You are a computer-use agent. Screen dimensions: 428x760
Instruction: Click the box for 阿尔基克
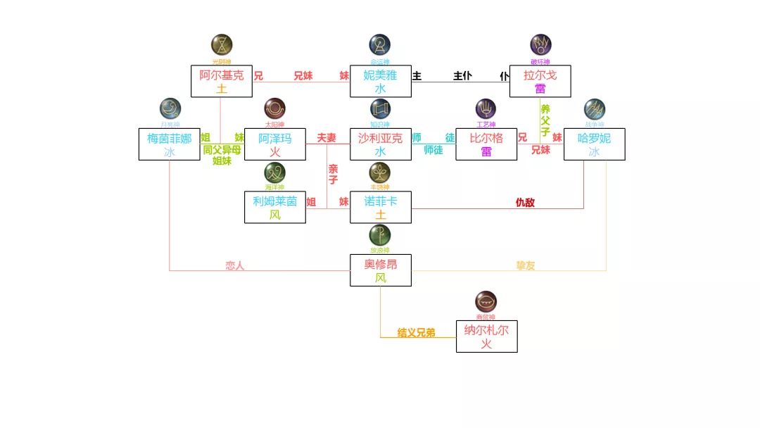[222, 82]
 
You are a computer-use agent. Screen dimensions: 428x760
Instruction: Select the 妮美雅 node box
[381, 82]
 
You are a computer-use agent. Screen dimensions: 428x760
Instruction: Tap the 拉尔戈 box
[540, 82]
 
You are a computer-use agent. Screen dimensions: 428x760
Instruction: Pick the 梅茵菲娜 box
[170, 144]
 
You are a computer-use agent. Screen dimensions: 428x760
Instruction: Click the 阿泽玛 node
[275, 144]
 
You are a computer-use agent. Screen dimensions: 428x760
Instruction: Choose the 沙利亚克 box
[381, 144]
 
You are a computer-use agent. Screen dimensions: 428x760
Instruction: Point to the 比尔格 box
[486, 144]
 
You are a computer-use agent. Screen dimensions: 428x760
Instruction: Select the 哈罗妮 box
[595, 144]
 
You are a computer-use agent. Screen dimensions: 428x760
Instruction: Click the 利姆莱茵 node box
[275, 207]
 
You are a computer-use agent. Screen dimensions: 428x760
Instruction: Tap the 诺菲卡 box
[381, 207]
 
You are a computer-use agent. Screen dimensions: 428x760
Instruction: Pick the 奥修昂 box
[381, 270]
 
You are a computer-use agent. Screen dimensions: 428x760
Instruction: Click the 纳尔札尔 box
[486, 336]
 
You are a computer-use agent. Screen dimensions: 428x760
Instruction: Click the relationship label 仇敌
[525, 203]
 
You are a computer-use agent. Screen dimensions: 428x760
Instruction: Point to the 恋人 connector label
[234, 265]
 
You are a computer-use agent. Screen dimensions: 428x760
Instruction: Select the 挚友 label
[525, 265]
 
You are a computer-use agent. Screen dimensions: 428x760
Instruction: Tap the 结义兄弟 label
[416, 332]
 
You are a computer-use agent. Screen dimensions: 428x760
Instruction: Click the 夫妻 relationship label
[327, 138]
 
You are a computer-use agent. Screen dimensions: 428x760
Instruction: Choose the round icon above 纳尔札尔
[486, 302]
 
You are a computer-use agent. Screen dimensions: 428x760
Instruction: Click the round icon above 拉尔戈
[540, 45]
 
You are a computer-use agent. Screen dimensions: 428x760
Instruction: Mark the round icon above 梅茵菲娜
[170, 108]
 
